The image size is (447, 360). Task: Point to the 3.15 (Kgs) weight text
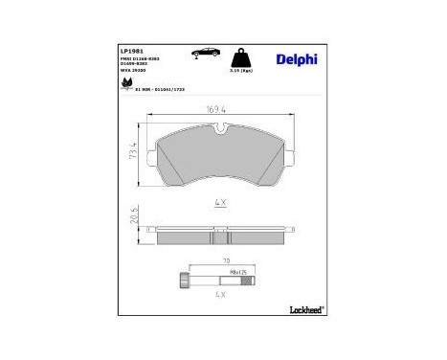click(x=242, y=71)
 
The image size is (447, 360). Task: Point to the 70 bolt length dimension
click(x=227, y=260)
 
